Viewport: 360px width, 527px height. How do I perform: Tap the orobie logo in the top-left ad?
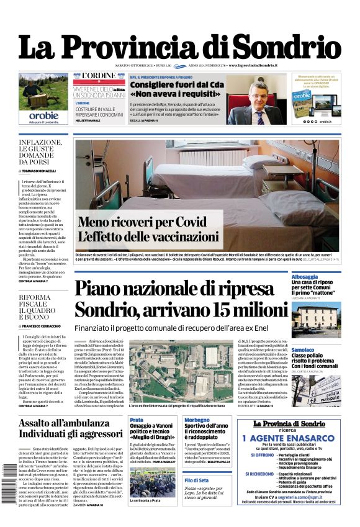click(x=43, y=115)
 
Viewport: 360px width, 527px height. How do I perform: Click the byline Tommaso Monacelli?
click(x=41, y=171)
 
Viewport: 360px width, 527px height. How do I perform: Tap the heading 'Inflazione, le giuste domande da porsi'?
click(x=40, y=153)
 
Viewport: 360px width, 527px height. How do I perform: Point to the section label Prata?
click(x=137, y=420)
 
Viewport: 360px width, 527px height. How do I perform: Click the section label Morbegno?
click(x=197, y=420)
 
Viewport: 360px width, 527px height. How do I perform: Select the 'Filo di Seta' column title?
click(x=196, y=481)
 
